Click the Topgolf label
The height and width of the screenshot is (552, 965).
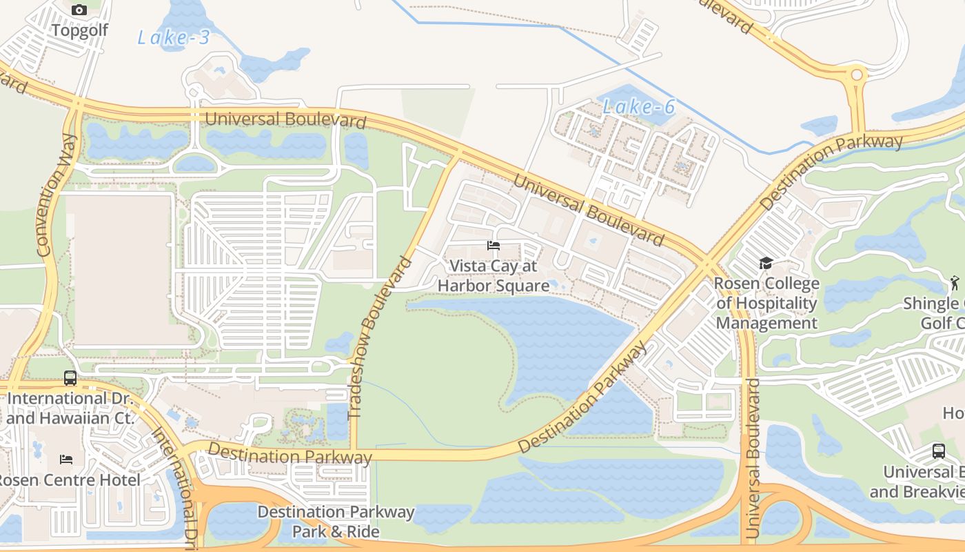(x=79, y=30)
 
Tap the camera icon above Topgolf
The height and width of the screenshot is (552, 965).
(x=79, y=10)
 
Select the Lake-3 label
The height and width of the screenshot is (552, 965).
(x=173, y=37)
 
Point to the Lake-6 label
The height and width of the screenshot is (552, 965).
(x=638, y=106)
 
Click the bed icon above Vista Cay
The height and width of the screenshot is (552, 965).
(x=494, y=246)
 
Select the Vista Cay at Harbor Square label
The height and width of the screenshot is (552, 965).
(x=494, y=275)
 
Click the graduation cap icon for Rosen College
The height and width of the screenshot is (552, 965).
(x=766, y=263)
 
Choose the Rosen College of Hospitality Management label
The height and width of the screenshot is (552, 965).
(x=766, y=304)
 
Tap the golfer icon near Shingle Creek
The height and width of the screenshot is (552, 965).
(x=955, y=283)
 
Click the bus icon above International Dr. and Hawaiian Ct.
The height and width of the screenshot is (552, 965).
(x=70, y=378)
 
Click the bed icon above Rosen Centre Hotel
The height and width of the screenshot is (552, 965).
(x=66, y=460)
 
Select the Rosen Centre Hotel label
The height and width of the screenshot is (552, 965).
(x=69, y=480)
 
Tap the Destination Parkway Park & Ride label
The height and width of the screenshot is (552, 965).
(x=336, y=522)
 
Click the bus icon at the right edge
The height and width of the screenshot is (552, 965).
(x=939, y=451)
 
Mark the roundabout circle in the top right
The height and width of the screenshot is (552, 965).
(x=857, y=75)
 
